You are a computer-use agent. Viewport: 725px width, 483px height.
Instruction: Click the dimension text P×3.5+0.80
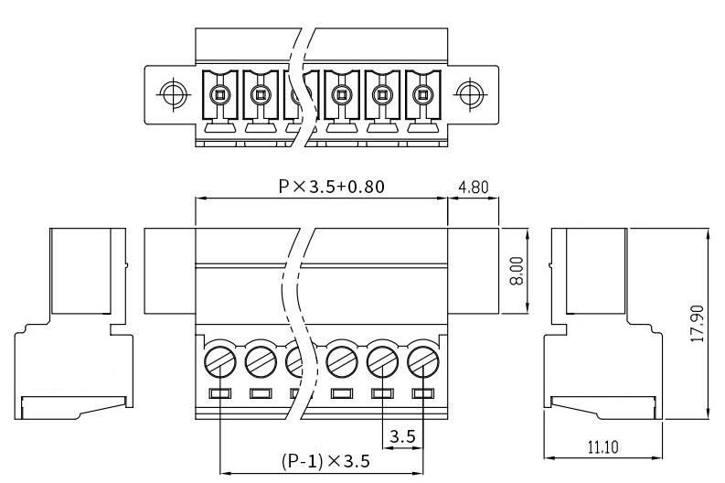point(331,187)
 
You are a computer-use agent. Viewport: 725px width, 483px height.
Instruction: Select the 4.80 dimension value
point(473,188)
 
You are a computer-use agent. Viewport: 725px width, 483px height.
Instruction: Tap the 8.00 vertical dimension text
point(517,272)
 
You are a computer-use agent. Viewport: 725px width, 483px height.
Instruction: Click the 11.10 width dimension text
point(603,447)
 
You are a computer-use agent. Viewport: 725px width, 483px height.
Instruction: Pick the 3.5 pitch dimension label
point(402,436)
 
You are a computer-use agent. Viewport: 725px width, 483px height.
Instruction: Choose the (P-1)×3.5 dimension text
point(325,461)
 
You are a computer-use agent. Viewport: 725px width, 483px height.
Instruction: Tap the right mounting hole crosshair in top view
point(470,94)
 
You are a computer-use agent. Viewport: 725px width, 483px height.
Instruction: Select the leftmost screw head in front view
point(220,361)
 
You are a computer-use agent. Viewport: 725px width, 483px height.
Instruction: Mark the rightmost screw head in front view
point(423,361)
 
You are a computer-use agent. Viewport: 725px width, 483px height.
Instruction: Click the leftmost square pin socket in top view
point(219,95)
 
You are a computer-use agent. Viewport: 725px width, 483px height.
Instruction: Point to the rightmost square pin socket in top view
point(422,95)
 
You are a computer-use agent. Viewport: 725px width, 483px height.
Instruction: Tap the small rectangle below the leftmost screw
point(220,393)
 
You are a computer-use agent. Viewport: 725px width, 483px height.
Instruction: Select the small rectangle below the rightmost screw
point(423,393)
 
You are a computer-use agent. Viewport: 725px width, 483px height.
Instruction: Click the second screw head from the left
point(261,361)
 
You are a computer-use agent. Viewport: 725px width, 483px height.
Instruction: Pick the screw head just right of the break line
point(342,361)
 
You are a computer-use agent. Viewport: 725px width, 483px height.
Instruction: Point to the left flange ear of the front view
point(170,271)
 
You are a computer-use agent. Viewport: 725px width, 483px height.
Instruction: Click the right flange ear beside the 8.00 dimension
point(474,271)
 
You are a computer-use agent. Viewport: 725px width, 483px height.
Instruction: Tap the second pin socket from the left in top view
point(261,95)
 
